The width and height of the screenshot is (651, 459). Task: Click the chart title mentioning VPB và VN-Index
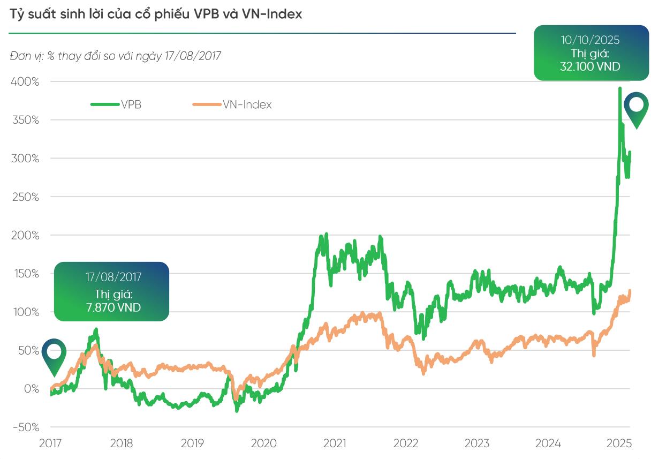pyautogui.click(x=156, y=14)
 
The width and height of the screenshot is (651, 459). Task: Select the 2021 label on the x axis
pyautogui.click(x=335, y=443)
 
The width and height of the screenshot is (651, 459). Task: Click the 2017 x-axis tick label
pyautogui.click(x=50, y=443)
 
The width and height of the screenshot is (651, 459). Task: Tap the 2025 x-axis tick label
pyautogui.click(x=619, y=443)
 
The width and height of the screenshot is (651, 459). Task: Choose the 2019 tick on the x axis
pyautogui.click(x=192, y=443)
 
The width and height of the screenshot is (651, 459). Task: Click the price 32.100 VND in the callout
pyautogui.click(x=591, y=66)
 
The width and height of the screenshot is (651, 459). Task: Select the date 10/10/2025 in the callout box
pyautogui.click(x=591, y=40)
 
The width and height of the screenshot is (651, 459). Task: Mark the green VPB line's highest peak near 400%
pyautogui.click(x=619, y=88)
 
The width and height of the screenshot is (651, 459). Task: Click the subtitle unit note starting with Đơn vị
pyautogui.click(x=115, y=56)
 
